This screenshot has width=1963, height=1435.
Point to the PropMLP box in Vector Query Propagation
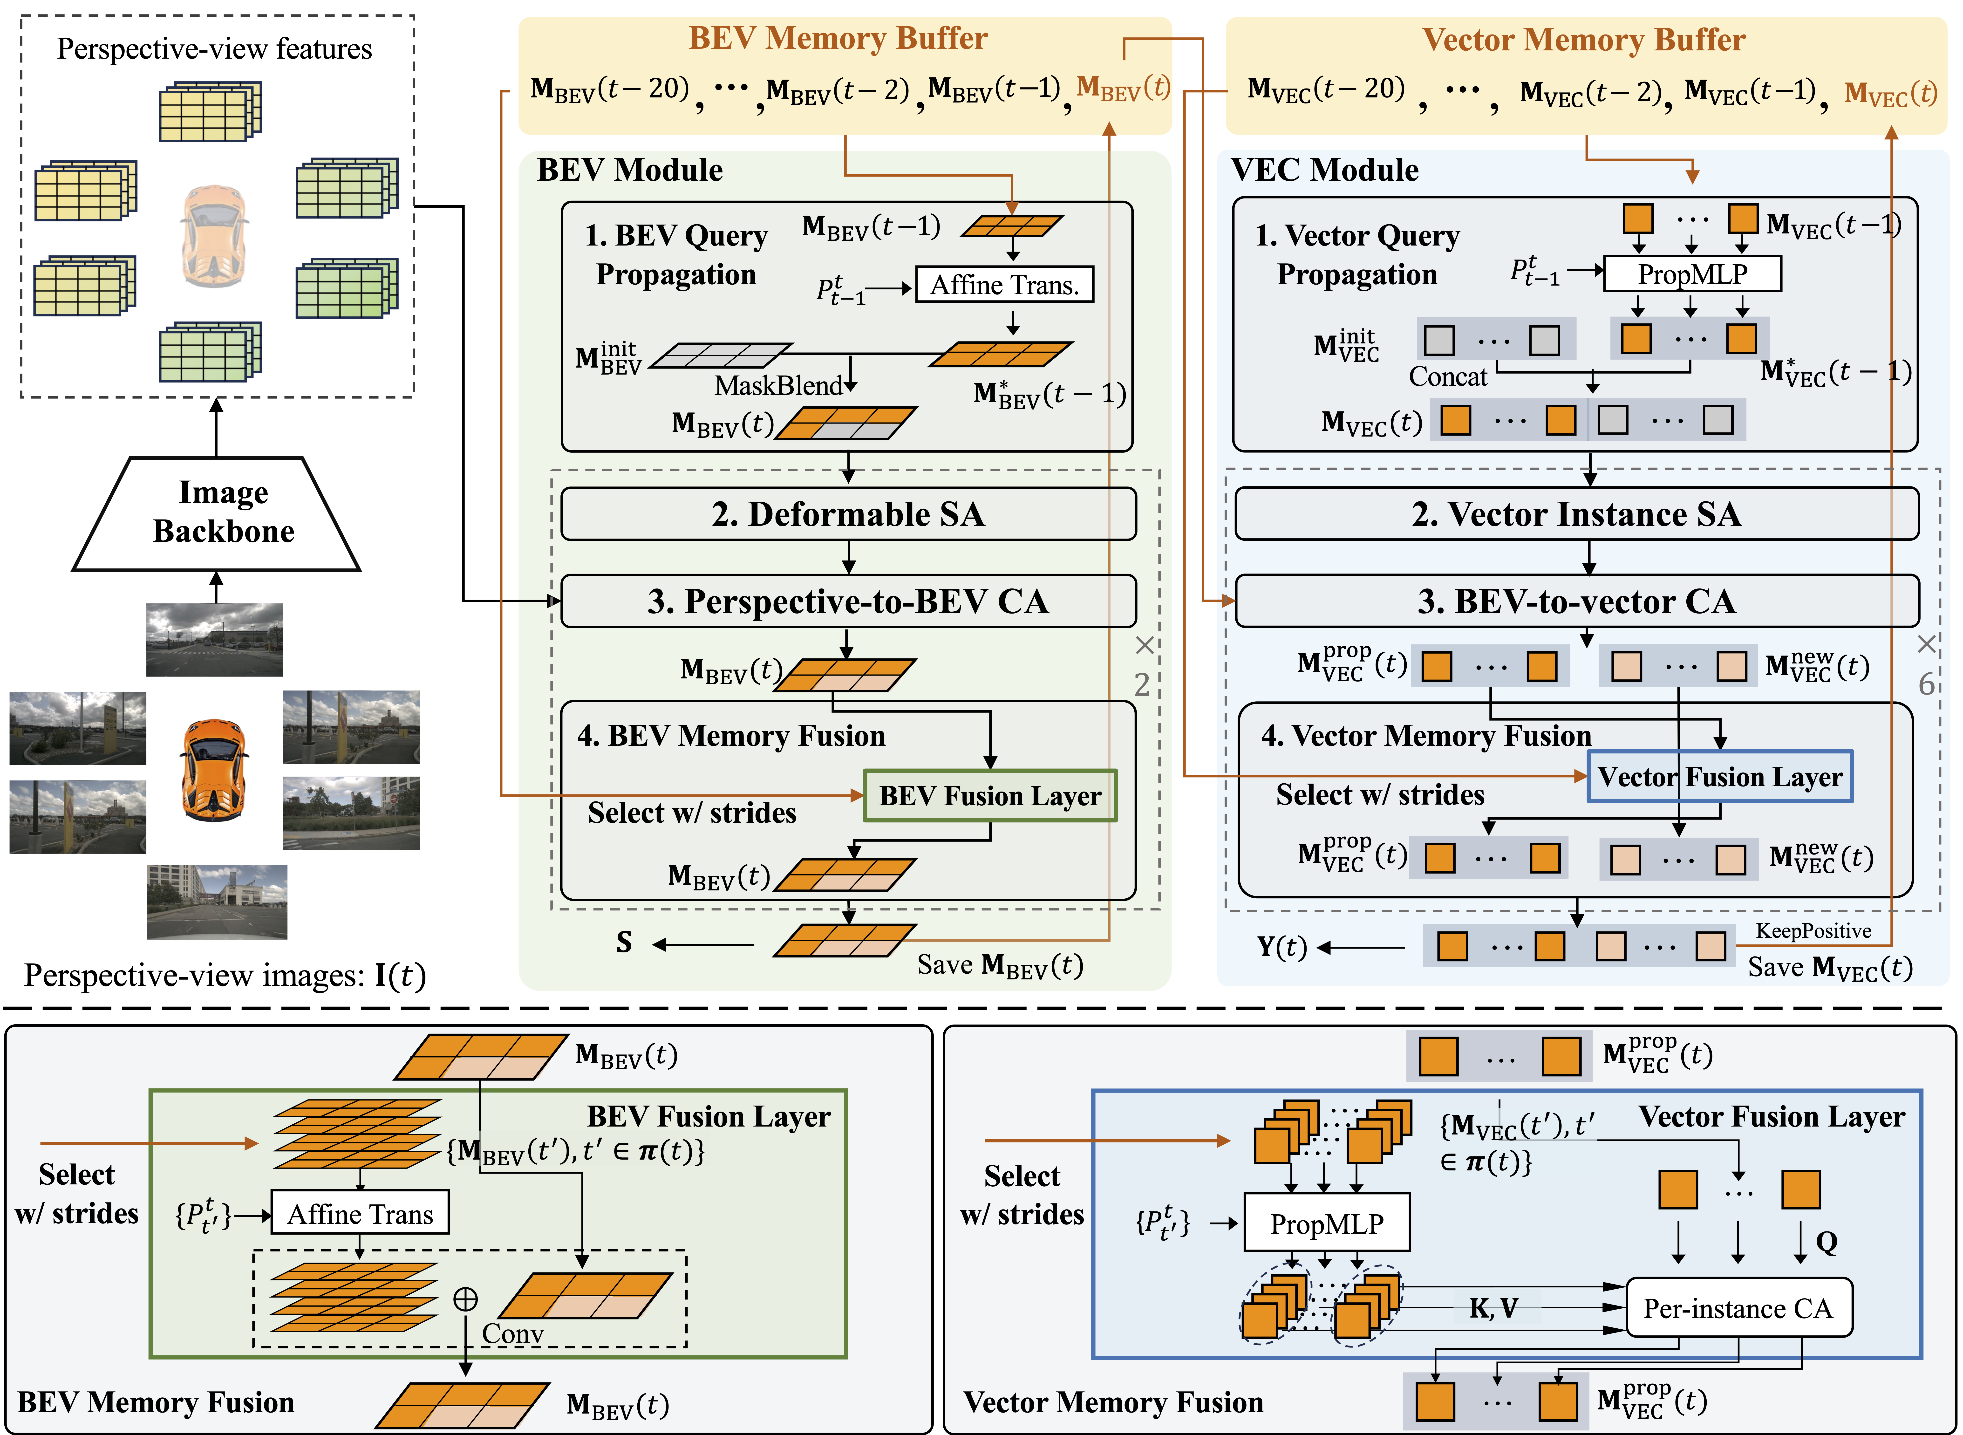[x=1692, y=274]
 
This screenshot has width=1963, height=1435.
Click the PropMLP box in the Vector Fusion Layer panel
[x=1326, y=1223]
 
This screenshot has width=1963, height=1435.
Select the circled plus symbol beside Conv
[x=466, y=1299]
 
